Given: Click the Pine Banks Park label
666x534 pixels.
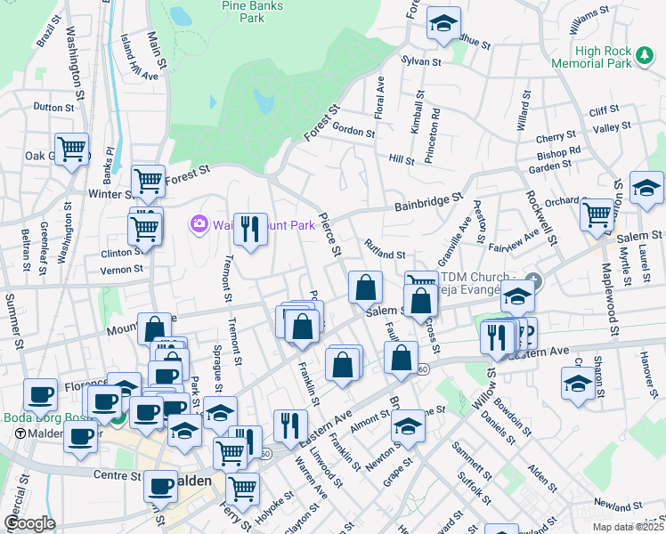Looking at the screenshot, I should (x=246, y=11).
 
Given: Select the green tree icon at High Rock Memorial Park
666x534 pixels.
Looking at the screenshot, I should (x=645, y=56).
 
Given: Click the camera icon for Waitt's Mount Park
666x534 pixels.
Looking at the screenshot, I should (x=199, y=223).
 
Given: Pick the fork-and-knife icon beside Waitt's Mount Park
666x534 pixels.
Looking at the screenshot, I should (x=250, y=229).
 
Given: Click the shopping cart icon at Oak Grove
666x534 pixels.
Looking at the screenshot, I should (x=71, y=148).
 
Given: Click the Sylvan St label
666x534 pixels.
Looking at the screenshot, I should (x=421, y=61).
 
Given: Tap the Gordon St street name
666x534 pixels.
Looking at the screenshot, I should (x=353, y=131).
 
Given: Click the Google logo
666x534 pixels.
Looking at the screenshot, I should (x=29, y=523).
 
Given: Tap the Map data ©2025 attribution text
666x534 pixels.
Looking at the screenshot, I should (x=629, y=527).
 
